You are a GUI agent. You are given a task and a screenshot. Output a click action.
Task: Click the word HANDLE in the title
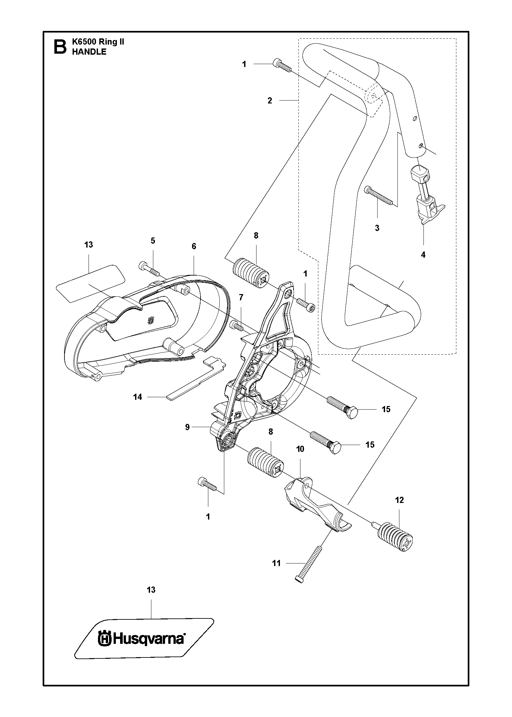tap(89, 52)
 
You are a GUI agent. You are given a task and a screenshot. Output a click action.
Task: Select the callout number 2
tap(270, 101)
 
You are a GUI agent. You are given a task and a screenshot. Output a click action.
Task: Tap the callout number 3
tap(377, 228)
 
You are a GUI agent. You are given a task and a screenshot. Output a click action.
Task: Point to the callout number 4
tap(423, 255)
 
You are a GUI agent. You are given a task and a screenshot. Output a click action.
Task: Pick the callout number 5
tap(153, 241)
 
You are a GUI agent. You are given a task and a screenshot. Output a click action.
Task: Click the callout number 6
tap(194, 246)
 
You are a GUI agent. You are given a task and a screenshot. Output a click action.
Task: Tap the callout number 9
tap(187, 427)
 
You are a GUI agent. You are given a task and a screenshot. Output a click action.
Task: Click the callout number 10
tap(300, 449)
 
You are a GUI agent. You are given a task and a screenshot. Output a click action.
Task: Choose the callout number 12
tap(399, 500)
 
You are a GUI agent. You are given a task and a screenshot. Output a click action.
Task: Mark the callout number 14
tap(138, 397)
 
